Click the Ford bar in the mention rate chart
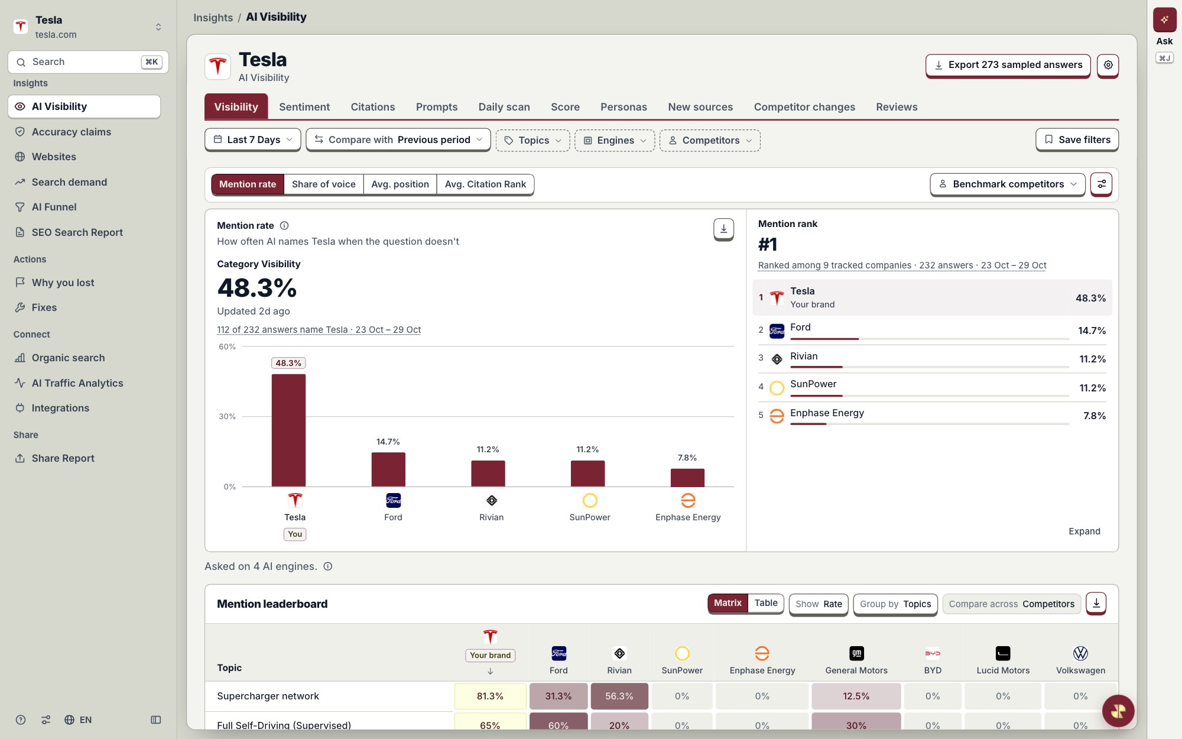coord(388,469)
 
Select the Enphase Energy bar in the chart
coord(687,478)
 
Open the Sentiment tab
coord(304,107)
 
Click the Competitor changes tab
coord(804,107)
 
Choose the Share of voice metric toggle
coord(324,184)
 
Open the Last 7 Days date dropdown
coord(253,140)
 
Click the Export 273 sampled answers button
coord(1008,65)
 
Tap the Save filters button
coord(1077,140)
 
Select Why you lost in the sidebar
coord(63,283)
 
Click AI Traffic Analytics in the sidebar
coord(77,383)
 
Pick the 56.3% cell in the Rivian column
coord(619,696)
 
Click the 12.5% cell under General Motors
coord(856,696)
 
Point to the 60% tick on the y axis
coord(228,346)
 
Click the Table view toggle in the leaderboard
coord(766,603)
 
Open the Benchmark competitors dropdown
coord(1008,184)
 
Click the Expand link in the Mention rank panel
coord(1084,531)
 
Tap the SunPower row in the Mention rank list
coord(932,387)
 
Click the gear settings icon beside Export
coord(1108,65)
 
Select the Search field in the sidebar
coord(88,62)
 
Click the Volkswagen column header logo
coord(1080,653)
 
